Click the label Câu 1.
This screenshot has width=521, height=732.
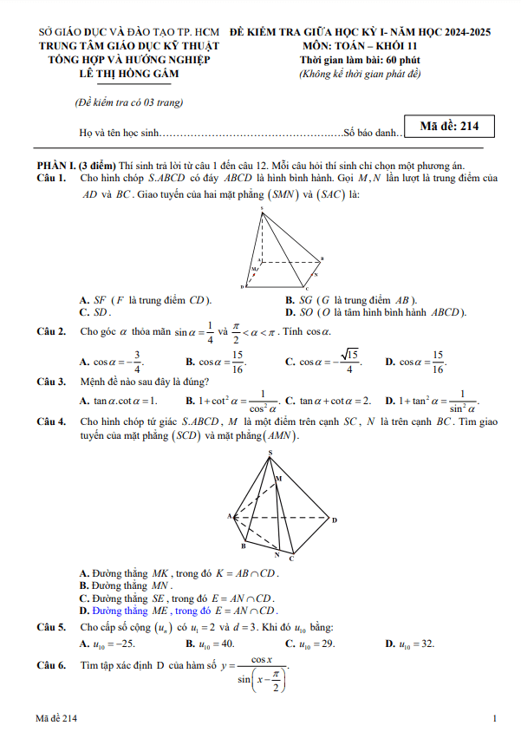pos(51,178)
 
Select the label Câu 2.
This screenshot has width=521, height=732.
pos(51,331)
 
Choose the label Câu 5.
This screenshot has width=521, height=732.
pos(51,627)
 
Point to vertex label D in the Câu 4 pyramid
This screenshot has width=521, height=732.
pos(334,520)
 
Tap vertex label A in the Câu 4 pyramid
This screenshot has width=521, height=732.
pos(231,515)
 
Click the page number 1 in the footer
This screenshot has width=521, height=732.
pos(493,718)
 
